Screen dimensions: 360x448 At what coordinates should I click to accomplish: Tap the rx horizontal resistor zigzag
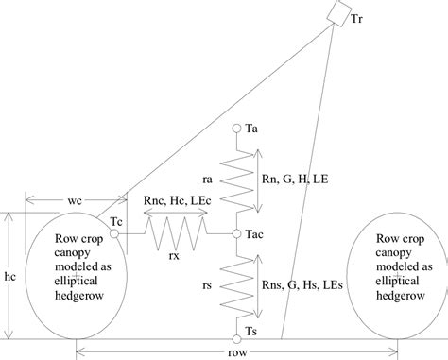(176, 232)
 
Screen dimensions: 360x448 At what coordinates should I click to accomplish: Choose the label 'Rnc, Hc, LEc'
(177, 213)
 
